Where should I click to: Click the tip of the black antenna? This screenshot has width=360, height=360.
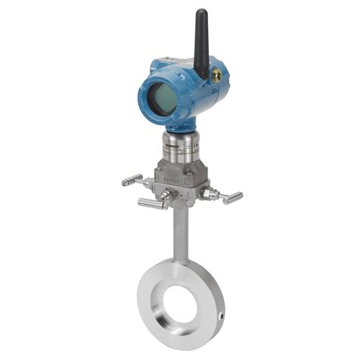(201, 13)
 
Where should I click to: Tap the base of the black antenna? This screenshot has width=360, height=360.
(201, 72)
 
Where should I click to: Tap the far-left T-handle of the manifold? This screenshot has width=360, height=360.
(131, 180)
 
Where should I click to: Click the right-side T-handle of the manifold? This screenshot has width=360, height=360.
(232, 197)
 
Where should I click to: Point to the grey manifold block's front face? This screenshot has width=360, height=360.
(179, 180)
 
